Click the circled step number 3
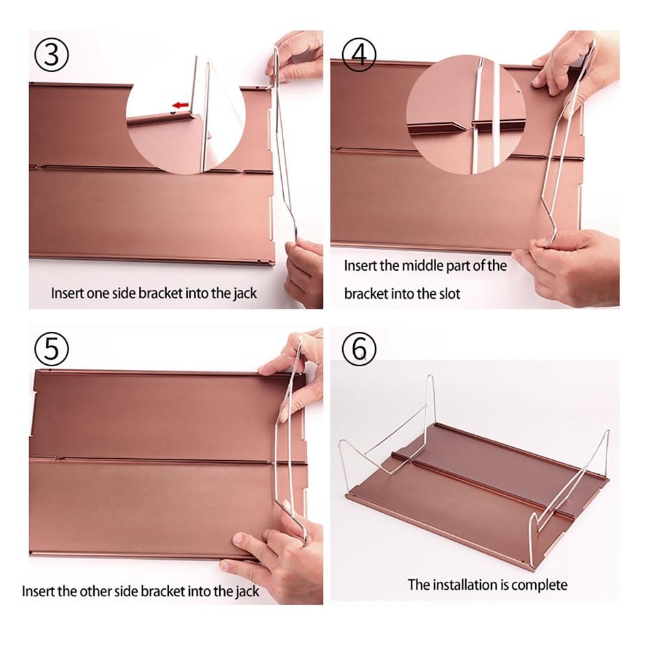pos(51,54)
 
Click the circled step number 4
pos(359,54)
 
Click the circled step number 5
pos(51,349)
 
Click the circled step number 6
pos(359,349)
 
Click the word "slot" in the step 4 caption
pos(449,294)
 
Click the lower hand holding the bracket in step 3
pos(305,273)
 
